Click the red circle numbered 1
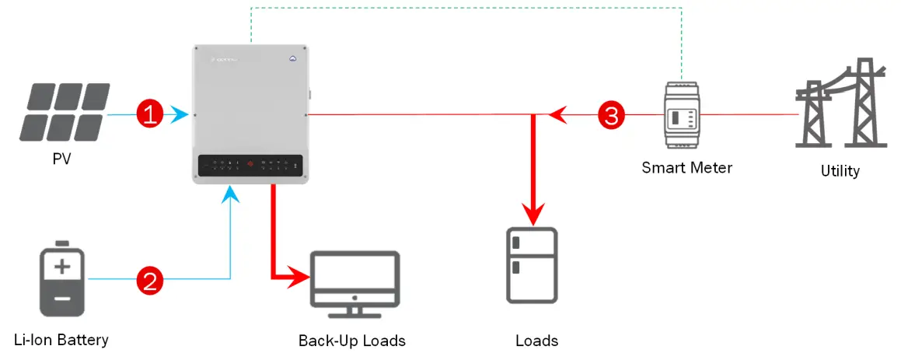point(149,115)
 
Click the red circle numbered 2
point(149,279)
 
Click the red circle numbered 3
point(611,116)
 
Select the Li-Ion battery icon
point(63,281)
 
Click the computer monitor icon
point(354,284)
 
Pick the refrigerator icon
point(532,264)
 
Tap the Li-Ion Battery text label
point(61,340)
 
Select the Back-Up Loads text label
point(352,341)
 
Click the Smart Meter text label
point(686,167)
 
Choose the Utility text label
point(840,170)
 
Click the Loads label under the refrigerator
point(536,341)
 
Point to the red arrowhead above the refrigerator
point(533,213)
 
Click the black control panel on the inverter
point(249,164)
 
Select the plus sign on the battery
point(62,268)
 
